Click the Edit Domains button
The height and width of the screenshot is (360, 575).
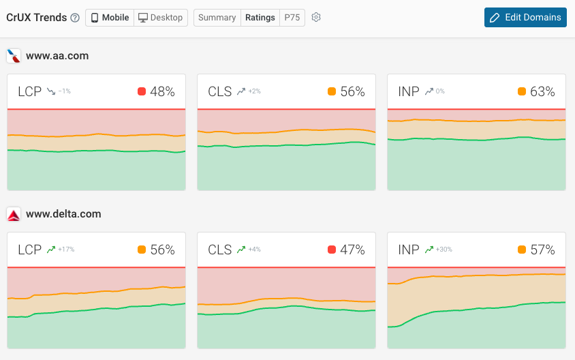click(525, 18)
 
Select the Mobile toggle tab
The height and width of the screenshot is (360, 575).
click(110, 18)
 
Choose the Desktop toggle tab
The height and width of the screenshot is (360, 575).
click(161, 18)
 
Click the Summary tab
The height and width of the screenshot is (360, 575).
click(217, 18)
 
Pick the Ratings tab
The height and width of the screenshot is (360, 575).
click(260, 18)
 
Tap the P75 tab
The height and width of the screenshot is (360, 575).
click(292, 18)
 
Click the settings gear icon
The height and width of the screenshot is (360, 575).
click(316, 18)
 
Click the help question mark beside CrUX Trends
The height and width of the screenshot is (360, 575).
click(75, 18)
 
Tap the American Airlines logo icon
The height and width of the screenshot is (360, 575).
click(14, 56)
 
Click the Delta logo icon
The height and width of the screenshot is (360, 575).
click(14, 214)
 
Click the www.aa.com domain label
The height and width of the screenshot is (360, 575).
click(57, 56)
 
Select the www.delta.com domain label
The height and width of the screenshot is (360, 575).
click(63, 214)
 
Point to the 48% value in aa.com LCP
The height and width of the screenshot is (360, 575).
click(162, 91)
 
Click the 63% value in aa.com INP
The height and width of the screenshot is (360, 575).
click(542, 91)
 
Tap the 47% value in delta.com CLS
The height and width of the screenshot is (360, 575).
click(352, 250)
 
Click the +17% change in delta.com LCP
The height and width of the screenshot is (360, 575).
click(66, 250)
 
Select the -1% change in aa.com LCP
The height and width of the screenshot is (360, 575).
click(65, 91)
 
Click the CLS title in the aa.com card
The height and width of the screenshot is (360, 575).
click(220, 91)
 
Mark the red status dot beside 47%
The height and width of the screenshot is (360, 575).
click(332, 250)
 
